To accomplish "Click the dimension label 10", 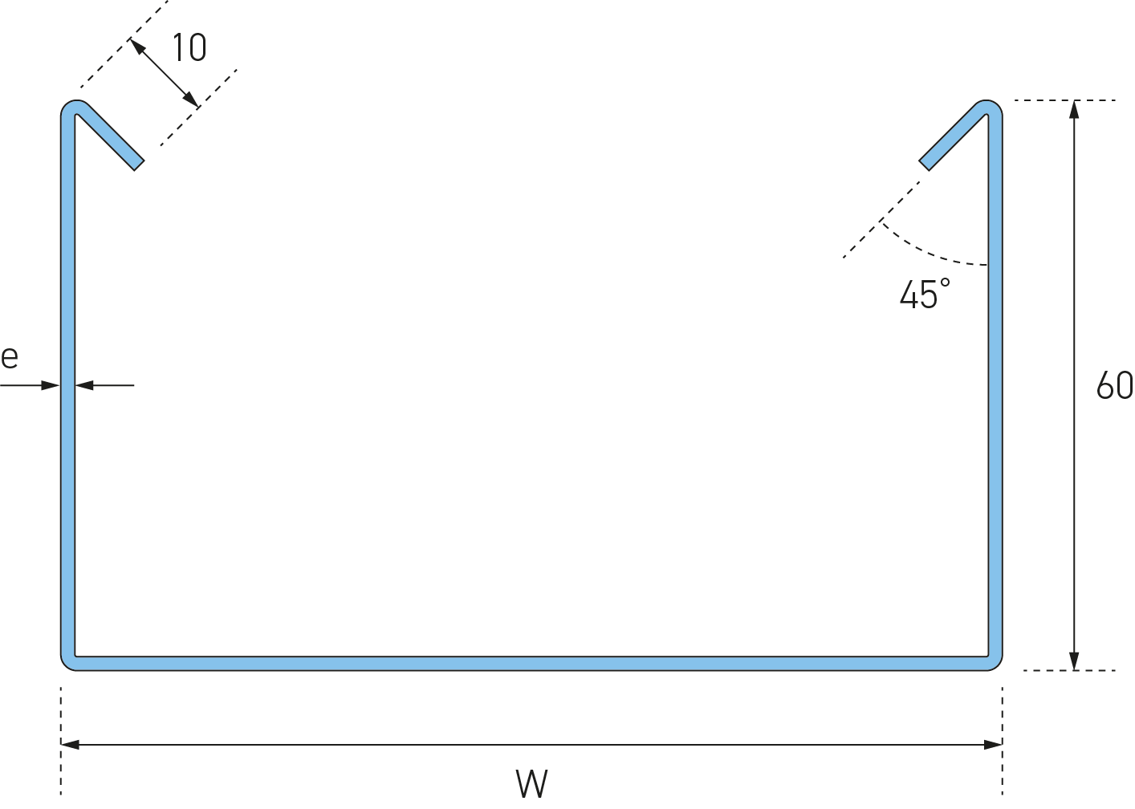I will [189, 49].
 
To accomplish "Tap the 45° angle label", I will [925, 295].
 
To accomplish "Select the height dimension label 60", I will [1114, 386].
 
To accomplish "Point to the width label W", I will [531, 783].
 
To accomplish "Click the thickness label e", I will [10, 357].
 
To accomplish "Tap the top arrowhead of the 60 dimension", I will [1075, 109].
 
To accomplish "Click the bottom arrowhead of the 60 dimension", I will [1075, 661].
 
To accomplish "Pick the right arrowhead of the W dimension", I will [993, 745].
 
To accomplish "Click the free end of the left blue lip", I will [136, 164].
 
